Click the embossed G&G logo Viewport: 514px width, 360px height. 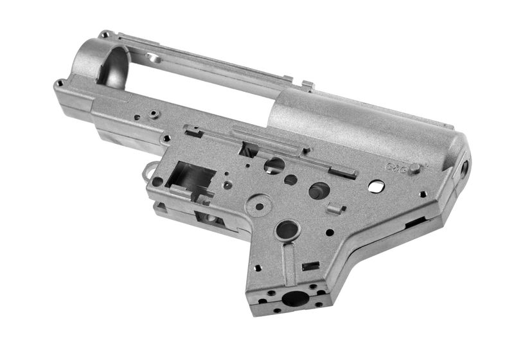[396, 168]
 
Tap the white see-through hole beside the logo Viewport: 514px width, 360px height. [377, 186]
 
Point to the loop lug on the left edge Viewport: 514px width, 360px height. [148, 172]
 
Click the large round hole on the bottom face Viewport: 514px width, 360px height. [295, 299]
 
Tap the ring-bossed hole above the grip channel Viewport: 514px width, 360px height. [287, 230]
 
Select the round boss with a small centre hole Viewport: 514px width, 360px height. [260, 207]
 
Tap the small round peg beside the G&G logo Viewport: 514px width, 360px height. [416, 169]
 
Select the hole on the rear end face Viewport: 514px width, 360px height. [461, 171]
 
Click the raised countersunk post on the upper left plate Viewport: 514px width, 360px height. [155, 113]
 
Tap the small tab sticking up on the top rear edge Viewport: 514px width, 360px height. [307, 84]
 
